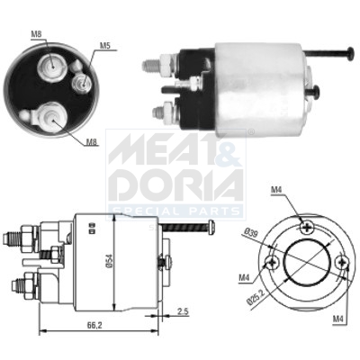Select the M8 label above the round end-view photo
click(37, 35)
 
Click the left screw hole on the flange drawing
click(271, 262)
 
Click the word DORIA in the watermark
click(175, 184)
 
